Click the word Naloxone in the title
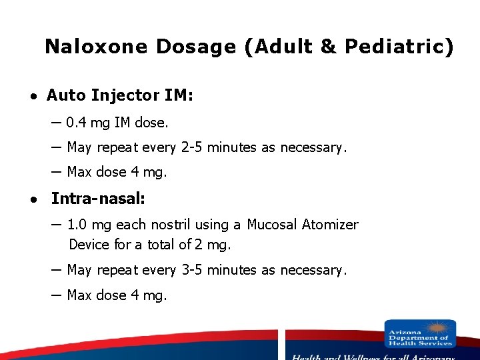[97, 47]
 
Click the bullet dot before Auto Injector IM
[32, 97]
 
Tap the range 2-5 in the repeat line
[192, 147]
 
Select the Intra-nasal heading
[98, 198]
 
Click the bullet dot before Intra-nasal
[32, 199]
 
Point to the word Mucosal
[272, 225]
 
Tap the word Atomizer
[330, 225]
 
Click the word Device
[89, 245]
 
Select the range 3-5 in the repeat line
[192, 270]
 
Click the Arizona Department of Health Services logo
[420, 334]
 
